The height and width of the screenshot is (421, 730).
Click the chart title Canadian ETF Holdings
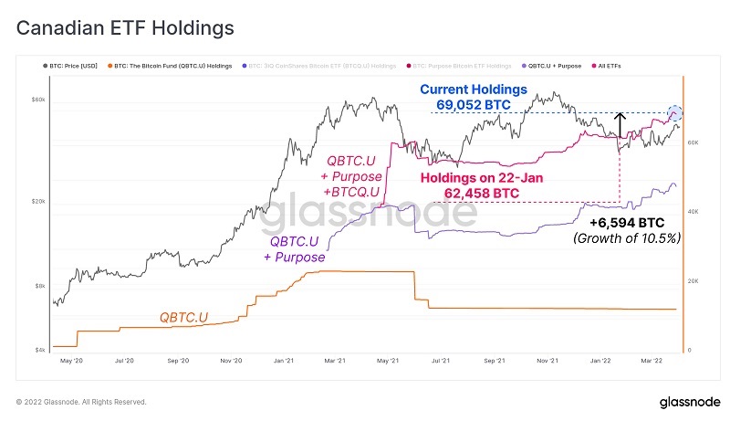126,28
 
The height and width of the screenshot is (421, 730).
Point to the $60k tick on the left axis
38,99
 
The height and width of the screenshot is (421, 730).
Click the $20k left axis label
38,201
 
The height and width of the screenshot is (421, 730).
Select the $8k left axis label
39,286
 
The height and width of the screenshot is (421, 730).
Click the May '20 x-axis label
71,362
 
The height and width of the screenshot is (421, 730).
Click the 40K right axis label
693,212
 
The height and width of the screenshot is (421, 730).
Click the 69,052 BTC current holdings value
474,105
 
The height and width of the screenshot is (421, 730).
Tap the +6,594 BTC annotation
626,222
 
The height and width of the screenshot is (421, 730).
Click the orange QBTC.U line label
183,317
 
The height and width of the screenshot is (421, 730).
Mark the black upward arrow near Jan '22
620,124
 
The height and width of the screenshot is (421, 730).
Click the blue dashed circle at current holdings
675,113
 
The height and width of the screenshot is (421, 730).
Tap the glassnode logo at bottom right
688,402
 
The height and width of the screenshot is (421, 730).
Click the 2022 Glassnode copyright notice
81,402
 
